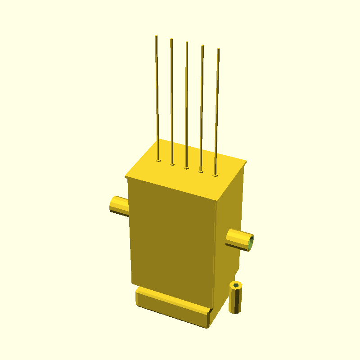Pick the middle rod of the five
tap(187, 106)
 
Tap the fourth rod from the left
tap(202, 108)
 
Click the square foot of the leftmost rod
tap(158, 160)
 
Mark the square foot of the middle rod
tap(186, 168)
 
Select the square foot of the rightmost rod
tap(215, 175)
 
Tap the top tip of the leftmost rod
tap(156, 36)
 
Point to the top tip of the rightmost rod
tap(218, 49)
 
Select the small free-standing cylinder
tap(235, 299)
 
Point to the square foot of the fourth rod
tap(201, 171)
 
